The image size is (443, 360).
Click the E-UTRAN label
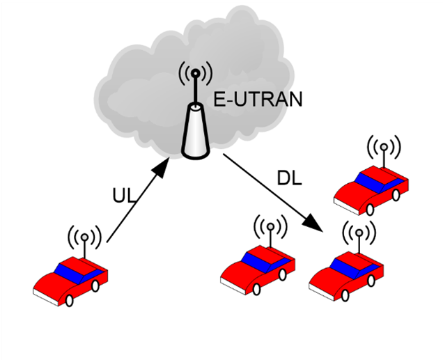coord(258,99)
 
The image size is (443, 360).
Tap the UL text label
coord(124,196)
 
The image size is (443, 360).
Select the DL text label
coord(289,178)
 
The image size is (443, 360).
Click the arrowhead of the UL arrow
coord(160,169)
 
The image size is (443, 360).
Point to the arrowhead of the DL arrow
coord(313,222)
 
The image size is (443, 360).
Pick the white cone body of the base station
coord(196,131)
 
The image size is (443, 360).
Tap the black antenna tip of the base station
coord(195,74)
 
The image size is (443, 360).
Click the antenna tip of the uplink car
coord(84,237)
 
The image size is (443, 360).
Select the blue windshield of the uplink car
coord(79,274)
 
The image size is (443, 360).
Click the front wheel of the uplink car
coord(69,300)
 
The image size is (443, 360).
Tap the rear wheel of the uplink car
coord(95,286)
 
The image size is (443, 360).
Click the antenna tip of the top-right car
coord(384,147)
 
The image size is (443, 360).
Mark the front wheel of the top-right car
coord(370,210)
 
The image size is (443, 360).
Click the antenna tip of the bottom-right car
coord(359,233)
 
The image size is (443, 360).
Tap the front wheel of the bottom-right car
coord(345,295)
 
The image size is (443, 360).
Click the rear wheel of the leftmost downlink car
coord(282,275)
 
